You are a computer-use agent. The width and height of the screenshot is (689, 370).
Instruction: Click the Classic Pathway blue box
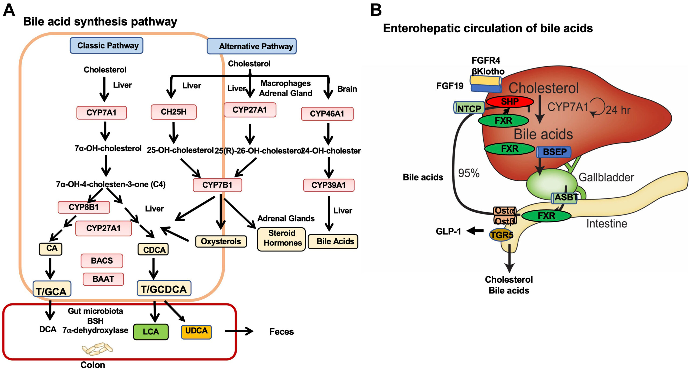coord(106,46)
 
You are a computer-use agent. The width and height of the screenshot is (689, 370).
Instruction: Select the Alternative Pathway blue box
coord(251,46)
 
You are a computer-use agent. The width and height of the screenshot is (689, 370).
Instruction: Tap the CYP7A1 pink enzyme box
coord(101,113)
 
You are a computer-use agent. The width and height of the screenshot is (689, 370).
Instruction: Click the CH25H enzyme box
coord(174,112)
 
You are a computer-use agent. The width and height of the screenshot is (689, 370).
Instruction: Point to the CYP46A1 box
coord(327,114)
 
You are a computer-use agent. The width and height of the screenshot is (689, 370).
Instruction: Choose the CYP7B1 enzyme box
coord(217,185)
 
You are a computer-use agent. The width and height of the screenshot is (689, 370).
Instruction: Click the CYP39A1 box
coord(328,185)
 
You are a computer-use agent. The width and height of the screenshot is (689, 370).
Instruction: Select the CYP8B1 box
coord(84,207)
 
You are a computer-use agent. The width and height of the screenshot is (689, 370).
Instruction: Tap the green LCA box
coord(151,331)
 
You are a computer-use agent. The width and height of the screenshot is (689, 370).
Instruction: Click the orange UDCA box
coord(196,331)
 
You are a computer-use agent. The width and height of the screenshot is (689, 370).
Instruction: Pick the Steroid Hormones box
coord(281,238)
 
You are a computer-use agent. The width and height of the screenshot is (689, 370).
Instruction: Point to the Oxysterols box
coord(221,241)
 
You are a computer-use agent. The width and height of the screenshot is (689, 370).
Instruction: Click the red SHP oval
coord(509,102)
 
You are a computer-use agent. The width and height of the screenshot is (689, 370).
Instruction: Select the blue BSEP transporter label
coord(554,152)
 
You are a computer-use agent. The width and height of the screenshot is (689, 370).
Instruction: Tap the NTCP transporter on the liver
coord(469,108)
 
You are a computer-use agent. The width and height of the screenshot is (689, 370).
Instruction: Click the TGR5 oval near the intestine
coord(501,235)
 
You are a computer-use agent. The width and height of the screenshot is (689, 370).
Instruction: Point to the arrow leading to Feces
coord(239,331)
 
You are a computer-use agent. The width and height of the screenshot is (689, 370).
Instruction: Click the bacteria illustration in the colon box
coord(97,349)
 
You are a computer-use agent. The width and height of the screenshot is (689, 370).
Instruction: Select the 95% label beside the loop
coord(469,173)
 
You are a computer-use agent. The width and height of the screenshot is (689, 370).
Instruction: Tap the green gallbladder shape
coord(549,183)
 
